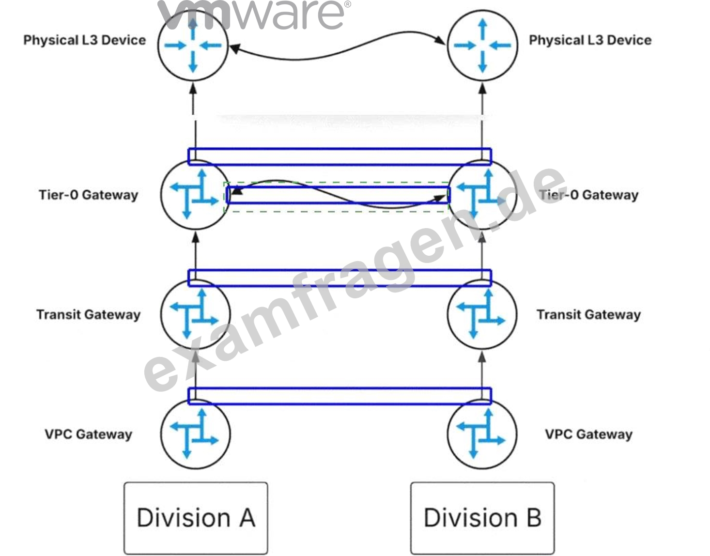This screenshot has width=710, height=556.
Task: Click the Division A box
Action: pyautogui.click(x=196, y=518)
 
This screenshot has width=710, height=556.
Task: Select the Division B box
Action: pyautogui.click(x=482, y=518)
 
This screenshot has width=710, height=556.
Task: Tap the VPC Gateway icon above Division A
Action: pyautogui.click(x=195, y=434)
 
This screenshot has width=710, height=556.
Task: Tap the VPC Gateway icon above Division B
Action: pyautogui.click(x=482, y=434)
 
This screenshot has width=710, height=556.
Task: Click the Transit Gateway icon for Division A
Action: pyautogui.click(x=195, y=314)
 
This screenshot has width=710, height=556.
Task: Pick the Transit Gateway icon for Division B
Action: pyautogui.click(x=482, y=314)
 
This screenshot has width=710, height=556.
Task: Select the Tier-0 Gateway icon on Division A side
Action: pyautogui.click(x=195, y=195)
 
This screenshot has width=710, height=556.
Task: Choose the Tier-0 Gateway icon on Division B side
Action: pyautogui.click(x=482, y=195)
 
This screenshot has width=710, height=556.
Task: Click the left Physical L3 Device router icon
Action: pyautogui.click(x=193, y=46)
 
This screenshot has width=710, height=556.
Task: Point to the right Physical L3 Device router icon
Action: pyautogui.click(x=482, y=46)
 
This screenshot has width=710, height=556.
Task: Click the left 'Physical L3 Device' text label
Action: pyautogui.click(x=85, y=40)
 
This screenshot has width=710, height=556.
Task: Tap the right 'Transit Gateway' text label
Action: pyautogui.click(x=588, y=315)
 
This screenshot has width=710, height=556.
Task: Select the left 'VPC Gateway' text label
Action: pyautogui.click(x=88, y=434)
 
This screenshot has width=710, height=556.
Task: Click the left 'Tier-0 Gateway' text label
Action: pyautogui.click(x=89, y=195)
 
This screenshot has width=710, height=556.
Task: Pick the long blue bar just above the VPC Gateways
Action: pyautogui.click(x=340, y=389)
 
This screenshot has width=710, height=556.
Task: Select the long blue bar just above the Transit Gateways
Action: pyautogui.click(x=340, y=270)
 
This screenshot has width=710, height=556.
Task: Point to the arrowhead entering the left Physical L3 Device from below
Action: pyautogui.click(x=193, y=88)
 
